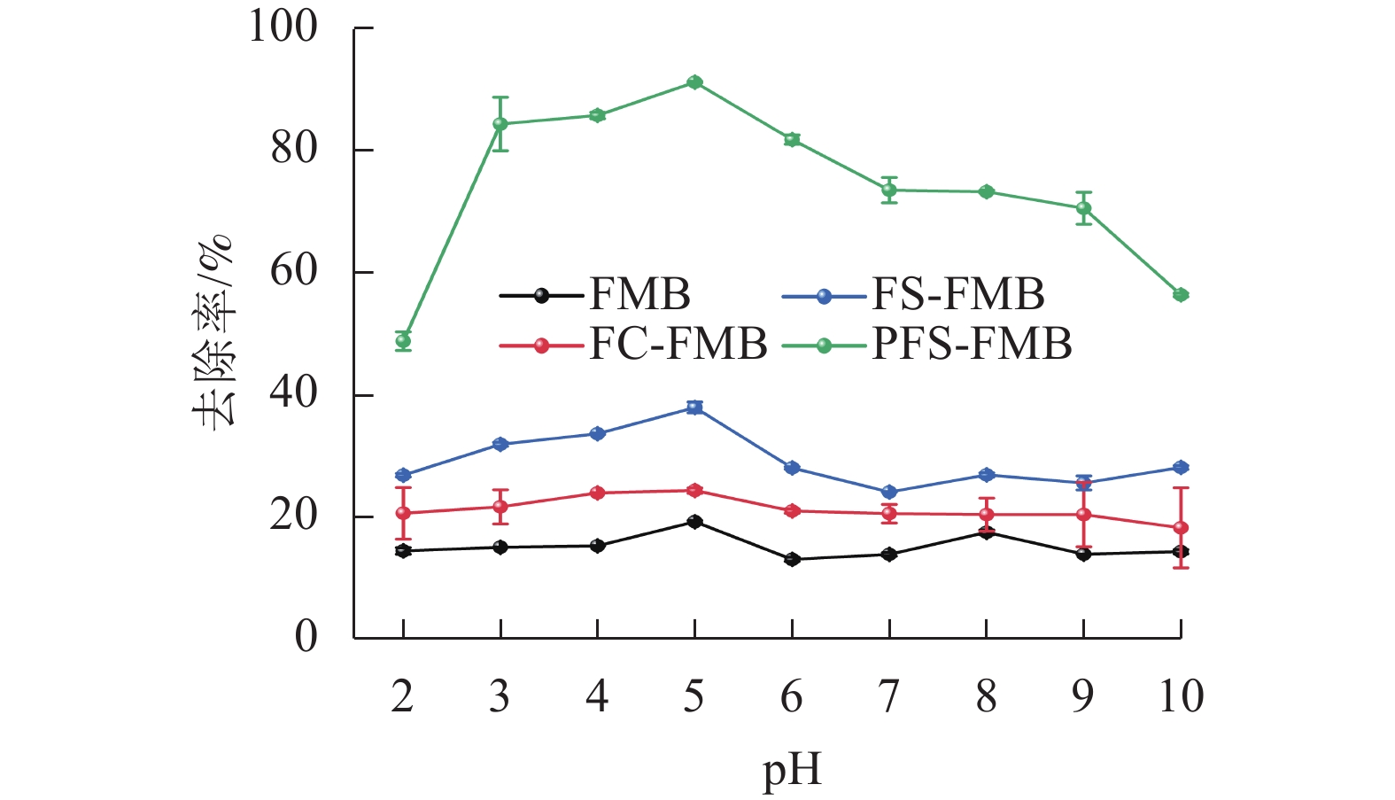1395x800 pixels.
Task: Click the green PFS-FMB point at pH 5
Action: [x=694, y=82]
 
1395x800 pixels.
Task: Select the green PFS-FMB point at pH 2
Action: [x=403, y=340]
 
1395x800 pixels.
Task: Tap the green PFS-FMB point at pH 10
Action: [x=1181, y=295]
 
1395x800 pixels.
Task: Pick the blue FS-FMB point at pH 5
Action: [x=694, y=408]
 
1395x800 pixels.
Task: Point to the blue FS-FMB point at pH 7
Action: [x=889, y=492]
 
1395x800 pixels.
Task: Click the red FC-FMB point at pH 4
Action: [x=597, y=493]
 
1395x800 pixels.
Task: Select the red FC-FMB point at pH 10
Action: [x=1181, y=528]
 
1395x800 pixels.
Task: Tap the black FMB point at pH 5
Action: [x=694, y=522]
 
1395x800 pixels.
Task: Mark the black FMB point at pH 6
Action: [x=792, y=559]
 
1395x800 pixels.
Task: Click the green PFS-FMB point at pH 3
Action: [x=500, y=123]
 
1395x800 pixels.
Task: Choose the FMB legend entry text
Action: [x=639, y=295]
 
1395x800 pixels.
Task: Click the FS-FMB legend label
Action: [x=958, y=295]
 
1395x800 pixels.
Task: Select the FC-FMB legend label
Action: [x=678, y=344]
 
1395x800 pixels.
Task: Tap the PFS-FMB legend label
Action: [x=972, y=344]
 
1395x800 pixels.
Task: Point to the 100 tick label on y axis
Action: [x=283, y=27]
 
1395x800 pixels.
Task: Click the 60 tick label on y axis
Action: [x=294, y=271]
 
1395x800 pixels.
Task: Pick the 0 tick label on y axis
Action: [x=306, y=637]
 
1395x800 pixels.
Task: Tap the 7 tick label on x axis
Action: [x=889, y=696]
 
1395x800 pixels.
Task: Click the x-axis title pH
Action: [x=792, y=769]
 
